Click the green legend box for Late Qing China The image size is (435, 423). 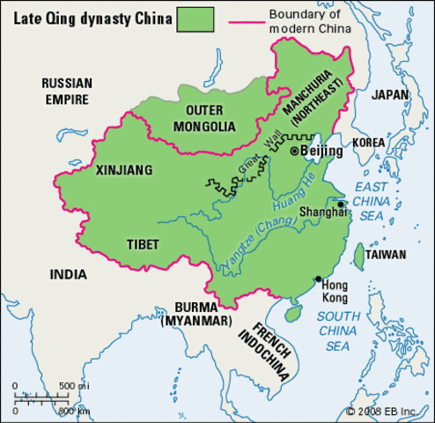point(196,18)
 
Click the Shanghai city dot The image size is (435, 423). point(340,204)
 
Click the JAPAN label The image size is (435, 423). point(389,94)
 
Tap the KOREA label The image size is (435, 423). point(370,142)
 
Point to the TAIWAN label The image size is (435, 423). point(386,255)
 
